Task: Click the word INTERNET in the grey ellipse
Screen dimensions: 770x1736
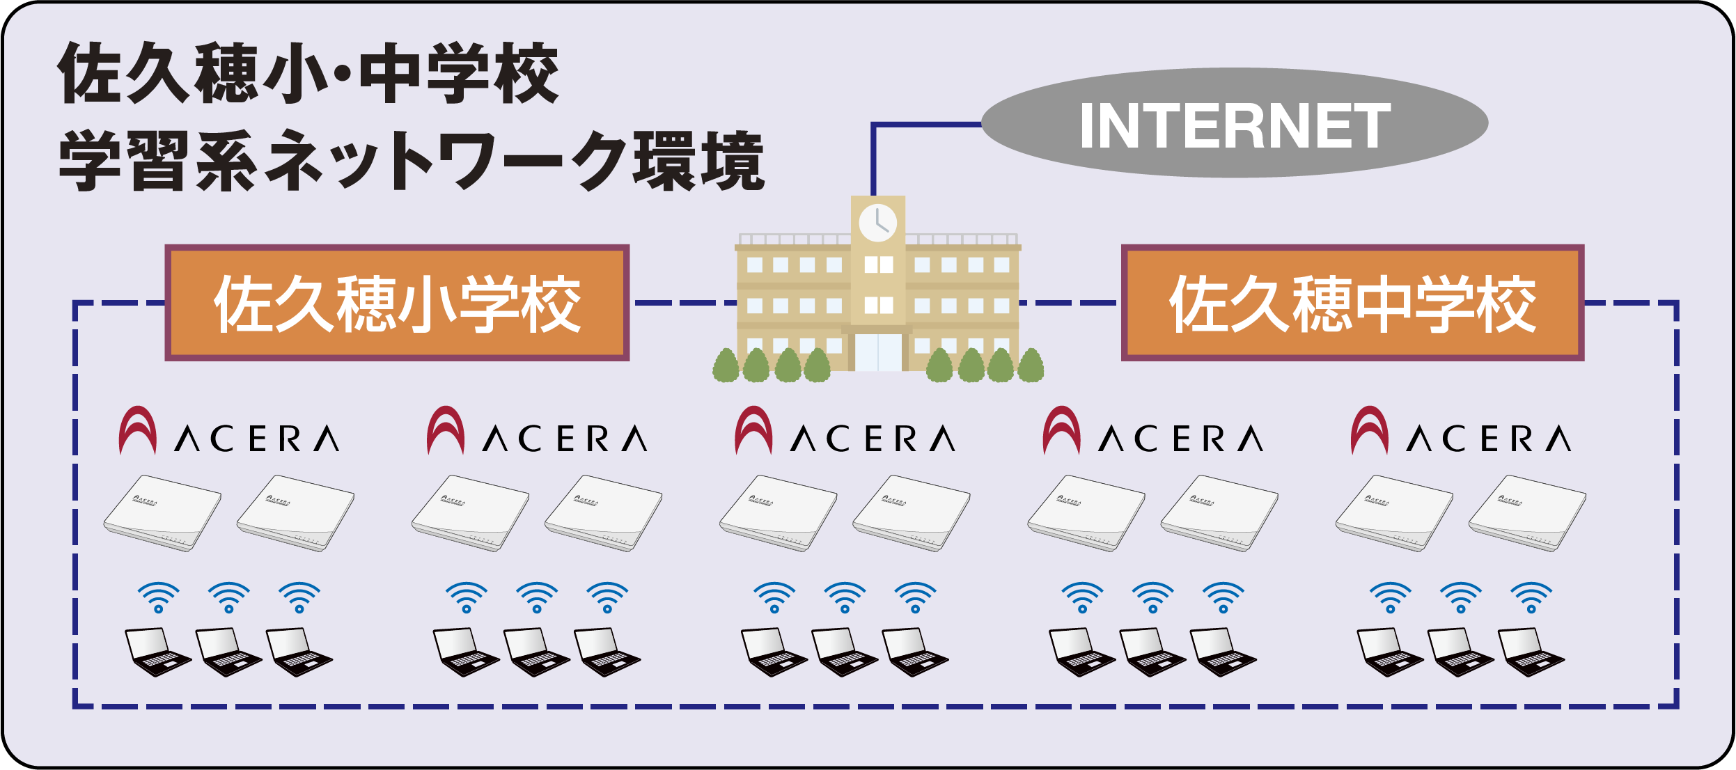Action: pos(1235,125)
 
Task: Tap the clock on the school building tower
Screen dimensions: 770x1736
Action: pos(877,223)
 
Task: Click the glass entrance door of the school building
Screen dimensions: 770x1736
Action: pos(878,352)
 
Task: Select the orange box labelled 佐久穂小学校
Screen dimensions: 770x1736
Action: pos(397,303)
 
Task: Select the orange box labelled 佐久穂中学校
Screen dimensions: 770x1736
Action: pos(1352,303)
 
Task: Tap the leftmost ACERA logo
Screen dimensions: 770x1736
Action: pos(228,431)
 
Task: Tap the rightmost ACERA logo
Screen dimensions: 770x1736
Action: pos(1461,431)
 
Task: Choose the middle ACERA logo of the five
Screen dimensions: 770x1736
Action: pos(845,431)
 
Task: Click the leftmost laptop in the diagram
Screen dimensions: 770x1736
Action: pos(156,652)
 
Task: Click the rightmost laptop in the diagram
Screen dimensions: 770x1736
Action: pos(1531,652)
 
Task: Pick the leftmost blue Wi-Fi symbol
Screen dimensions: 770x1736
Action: pos(159,597)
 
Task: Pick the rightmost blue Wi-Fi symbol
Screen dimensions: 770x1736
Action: pos(1531,597)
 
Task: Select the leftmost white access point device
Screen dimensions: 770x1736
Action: pos(162,513)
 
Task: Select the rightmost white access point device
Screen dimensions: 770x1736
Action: pos(1527,513)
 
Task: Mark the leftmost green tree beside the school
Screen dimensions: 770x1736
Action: pos(726,366)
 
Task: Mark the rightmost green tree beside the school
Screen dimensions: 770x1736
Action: pos(1031,366)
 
